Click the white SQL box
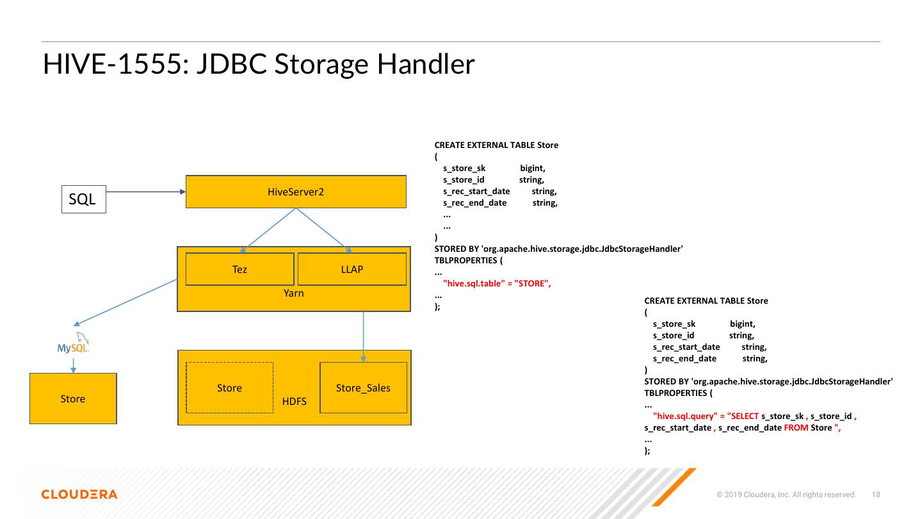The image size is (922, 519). point(83,199)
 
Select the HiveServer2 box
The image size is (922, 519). point(296,192)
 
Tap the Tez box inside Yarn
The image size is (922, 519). point(239,269)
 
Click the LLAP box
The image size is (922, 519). point(352,269)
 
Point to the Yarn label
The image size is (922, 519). point(294,293)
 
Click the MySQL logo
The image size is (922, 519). point(74,345)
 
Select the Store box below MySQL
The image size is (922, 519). point(73,399)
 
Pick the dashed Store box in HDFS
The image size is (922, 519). point(229,388)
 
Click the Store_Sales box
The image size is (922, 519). point(363,388)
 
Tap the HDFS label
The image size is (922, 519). point(295,402)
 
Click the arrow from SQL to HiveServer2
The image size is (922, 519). point(145,191)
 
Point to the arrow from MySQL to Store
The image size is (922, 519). point(73,365)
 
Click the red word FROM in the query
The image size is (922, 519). point(796,427)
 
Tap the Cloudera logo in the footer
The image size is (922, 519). point(79,494)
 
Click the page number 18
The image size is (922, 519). point(877,495)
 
